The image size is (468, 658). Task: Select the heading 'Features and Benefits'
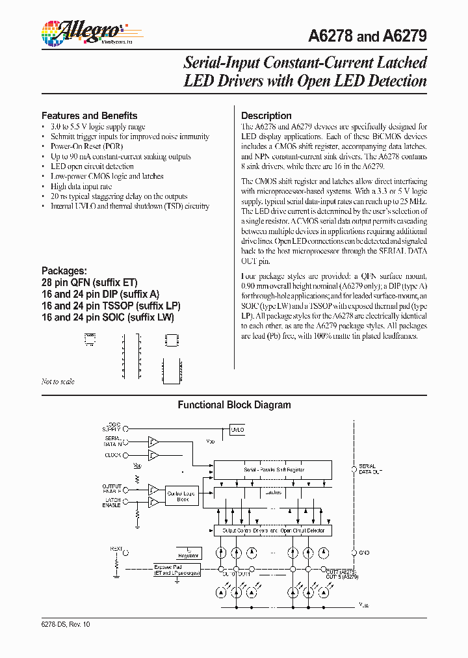89,115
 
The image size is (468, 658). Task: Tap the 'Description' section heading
266,115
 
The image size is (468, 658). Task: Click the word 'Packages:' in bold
64,270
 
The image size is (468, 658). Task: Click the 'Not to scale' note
58,382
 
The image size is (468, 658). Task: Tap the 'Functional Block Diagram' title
234,404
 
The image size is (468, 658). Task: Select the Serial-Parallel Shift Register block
273,469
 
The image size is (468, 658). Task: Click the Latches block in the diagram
273,492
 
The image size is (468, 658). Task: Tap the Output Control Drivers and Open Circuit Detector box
273,531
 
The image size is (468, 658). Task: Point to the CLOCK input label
113,455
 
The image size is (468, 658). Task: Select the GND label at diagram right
365,553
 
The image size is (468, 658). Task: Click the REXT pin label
116,549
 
